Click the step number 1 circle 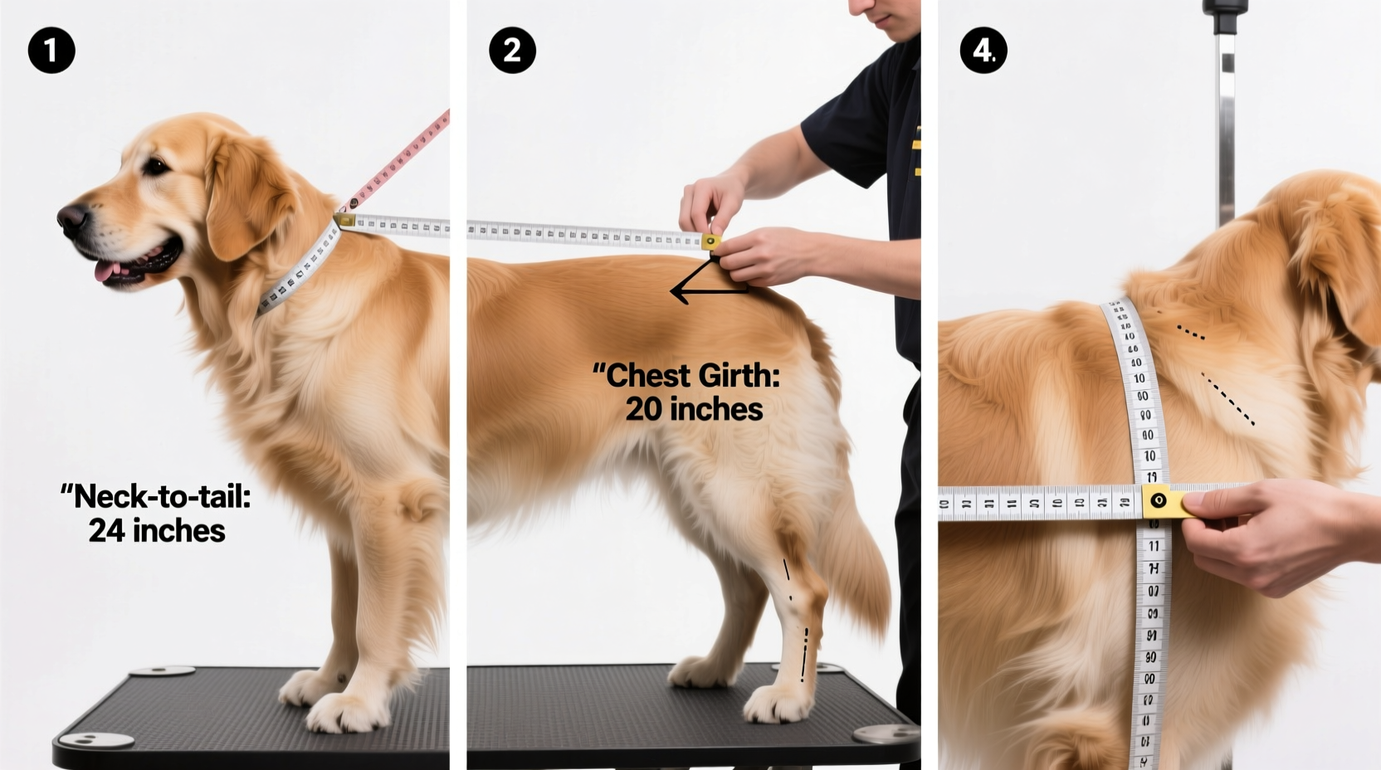click(x=51, y=51)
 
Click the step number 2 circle click(x=512, y=51)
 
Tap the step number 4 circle click(x=983, y=51)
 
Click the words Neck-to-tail click(x=157, y=497)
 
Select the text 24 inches click(x=157, y=531)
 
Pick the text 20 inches click(x=694, y=409)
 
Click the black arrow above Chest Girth click(x=705, y=282)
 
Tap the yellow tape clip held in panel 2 click(x=710, y=241)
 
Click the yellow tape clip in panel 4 click(x=1159, y=501)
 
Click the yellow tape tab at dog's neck click(x=345, y=221)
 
